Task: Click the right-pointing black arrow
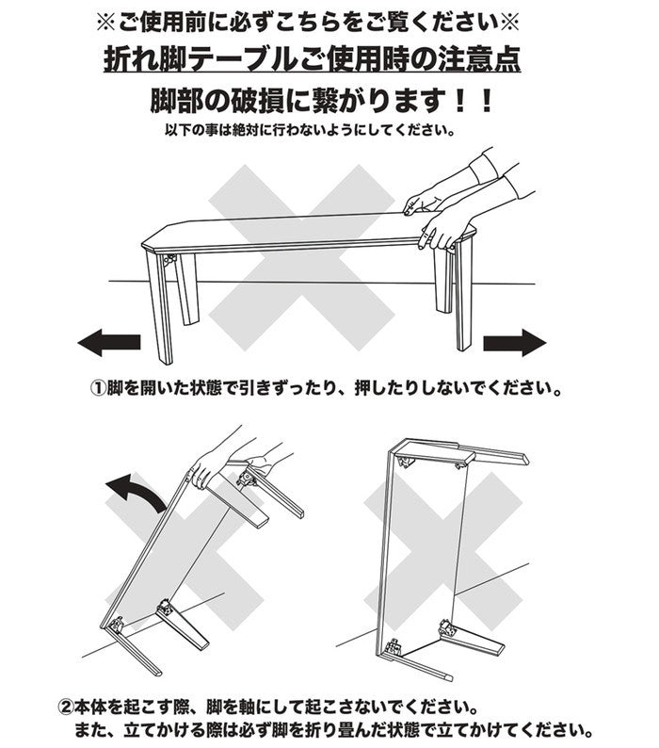[x=514, y=342]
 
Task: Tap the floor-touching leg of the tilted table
[x=131, y=654]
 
